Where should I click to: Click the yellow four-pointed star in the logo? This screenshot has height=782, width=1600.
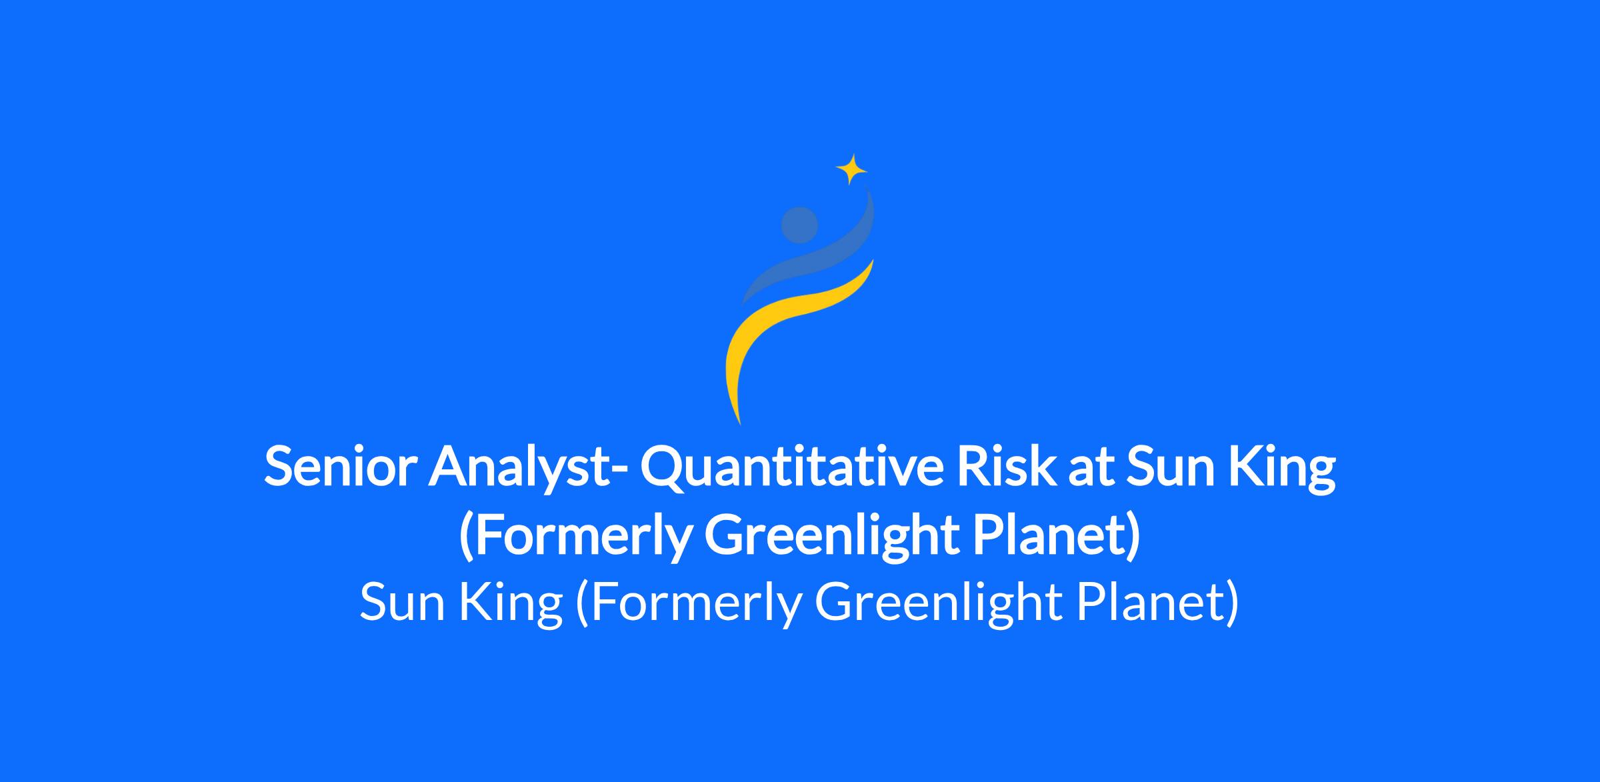(851, 169)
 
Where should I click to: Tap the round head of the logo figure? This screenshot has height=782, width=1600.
(799, 225)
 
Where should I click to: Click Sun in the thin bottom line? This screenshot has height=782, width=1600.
(402, 601)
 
